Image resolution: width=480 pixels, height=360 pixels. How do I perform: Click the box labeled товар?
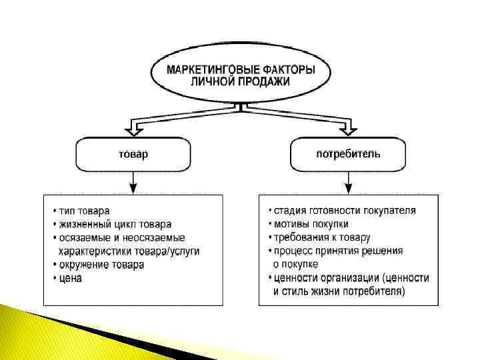[x=133, y=154]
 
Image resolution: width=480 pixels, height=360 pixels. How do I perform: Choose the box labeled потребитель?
[x=348, y=154]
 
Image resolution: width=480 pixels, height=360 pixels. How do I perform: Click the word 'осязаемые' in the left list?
[x=83, y=237]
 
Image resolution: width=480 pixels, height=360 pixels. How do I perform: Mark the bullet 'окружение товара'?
[x=101, y=264]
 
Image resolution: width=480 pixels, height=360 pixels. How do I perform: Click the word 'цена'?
[x=71, y=278]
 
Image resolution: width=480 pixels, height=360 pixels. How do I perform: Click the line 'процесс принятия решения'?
[x=338, y=251]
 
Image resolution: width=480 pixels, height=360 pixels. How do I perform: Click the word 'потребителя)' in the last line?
[x=374, y=291]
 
